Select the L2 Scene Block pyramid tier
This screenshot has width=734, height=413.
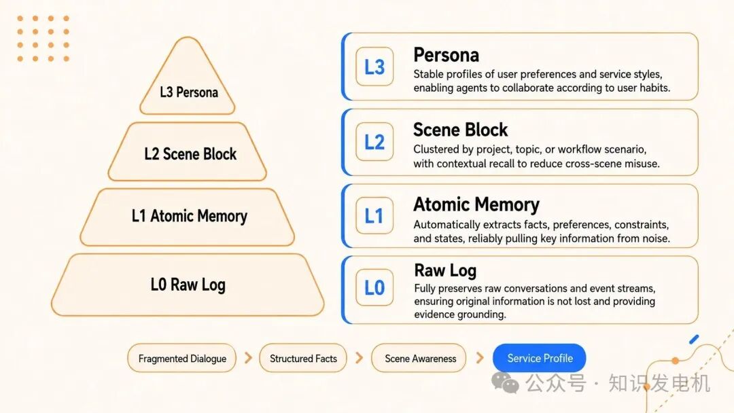click(188, 151)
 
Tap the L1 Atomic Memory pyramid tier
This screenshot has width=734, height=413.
click(188, 217)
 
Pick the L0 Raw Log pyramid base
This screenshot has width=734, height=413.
click(188, 285)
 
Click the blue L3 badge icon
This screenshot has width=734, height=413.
click(374, 67)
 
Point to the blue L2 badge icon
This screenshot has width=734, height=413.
click(374, 142)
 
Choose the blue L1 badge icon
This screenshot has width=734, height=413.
click(374, 215)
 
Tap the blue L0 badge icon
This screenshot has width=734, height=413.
click(374, 287)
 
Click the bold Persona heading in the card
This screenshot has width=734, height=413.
click(446, 55)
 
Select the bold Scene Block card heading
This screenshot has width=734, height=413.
click(460, 130)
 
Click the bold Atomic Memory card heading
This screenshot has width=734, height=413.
click(476, 204)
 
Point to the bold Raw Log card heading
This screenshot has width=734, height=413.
click(445, 270)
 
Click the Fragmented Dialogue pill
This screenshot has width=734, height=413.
click(181, 358)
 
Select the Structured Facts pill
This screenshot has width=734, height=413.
click(303, 358)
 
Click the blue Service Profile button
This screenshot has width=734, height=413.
click(539, 358)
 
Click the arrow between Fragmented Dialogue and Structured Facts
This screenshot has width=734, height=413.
click(248, 358)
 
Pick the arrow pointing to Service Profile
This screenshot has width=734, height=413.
click(479, 358)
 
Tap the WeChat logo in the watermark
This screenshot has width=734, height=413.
click(505, 382)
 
